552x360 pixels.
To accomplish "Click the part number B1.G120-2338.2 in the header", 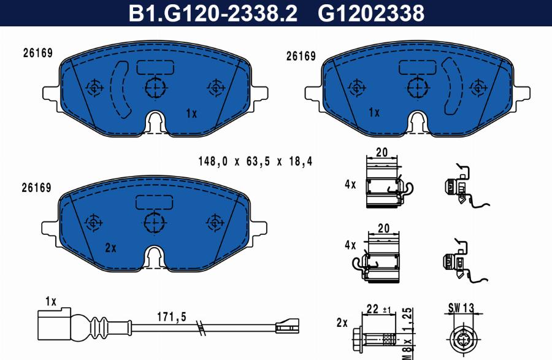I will [212, 13].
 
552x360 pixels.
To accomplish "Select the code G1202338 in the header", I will [370, 13].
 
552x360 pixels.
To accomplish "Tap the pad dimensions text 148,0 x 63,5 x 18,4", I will [255, 161].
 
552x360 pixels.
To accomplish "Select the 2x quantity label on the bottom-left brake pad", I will [110, 248].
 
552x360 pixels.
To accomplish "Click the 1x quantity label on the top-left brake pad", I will [191, 113].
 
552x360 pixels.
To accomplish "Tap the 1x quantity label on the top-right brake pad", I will [374, 112].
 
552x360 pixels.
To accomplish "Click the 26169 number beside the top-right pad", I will [301, 56].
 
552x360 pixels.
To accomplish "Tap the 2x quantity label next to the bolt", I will [342, 323].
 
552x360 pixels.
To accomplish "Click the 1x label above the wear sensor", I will [50, 301].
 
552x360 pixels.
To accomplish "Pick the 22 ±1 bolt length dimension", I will [378, 309].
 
